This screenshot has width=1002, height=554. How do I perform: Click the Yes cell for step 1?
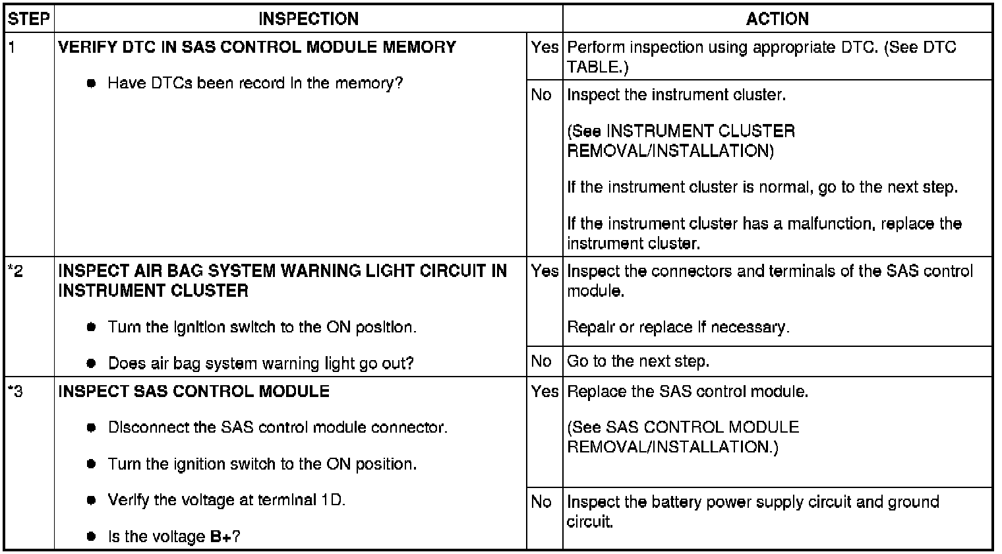coord(545,47)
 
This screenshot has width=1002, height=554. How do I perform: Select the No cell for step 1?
coord(541,95)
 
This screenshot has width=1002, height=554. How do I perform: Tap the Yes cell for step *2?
coord(545,270)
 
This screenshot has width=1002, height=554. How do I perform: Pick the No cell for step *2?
coord(541,361)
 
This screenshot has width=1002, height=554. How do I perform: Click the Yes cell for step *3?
coord(545,391)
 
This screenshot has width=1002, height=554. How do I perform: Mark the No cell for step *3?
coord(541,502)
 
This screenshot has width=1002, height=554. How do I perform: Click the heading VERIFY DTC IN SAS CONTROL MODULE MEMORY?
coord(257,47)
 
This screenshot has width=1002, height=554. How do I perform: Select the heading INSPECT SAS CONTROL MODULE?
coord(194,391)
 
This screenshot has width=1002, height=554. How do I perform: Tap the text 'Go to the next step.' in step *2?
coord(637,361)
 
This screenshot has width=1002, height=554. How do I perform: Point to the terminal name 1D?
coord(332,500)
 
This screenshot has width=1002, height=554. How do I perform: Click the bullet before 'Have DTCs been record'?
coord(92,84)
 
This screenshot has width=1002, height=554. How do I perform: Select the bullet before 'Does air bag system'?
coord(92,363)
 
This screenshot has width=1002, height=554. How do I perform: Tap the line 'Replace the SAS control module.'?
coord(688,391)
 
